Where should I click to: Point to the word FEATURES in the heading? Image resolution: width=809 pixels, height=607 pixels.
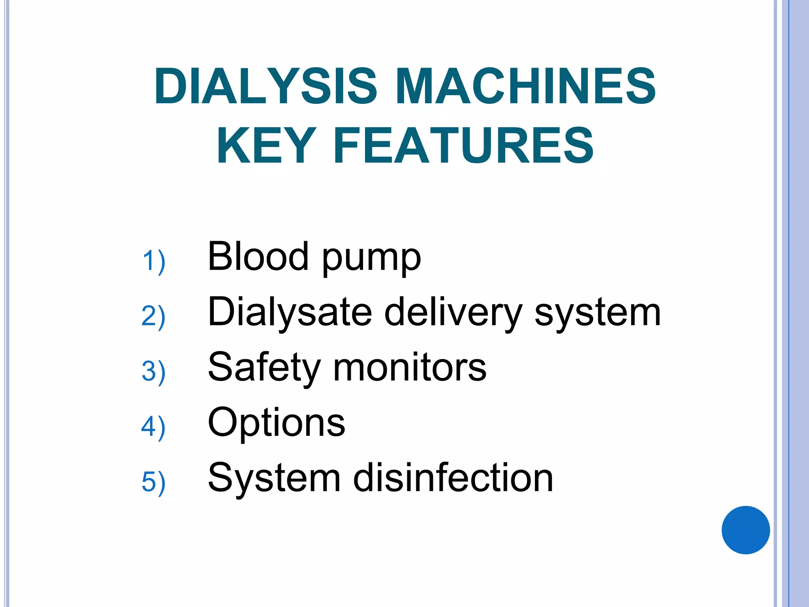point(464,145)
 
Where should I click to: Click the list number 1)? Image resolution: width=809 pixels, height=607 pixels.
point(153,261)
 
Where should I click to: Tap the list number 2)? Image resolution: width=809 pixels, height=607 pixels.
point(153,316)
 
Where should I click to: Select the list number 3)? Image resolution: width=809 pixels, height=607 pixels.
point(153,371)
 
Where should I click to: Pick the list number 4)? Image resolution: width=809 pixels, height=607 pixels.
point(153,427)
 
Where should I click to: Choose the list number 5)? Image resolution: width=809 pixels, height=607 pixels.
point(153,482)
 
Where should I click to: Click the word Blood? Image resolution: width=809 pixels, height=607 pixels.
point(258,256)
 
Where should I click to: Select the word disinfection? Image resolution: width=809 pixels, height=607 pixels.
point(453,478)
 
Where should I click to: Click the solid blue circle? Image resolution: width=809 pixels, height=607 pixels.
point(745,530)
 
